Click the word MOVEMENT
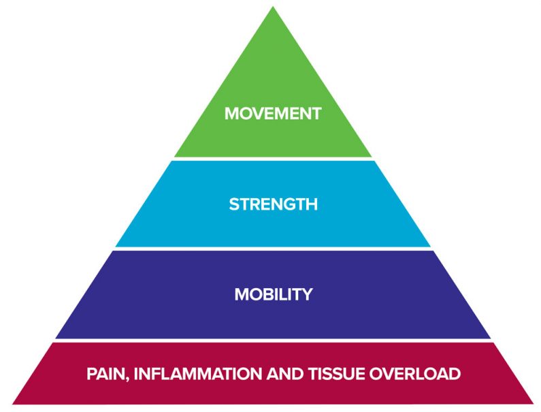coord(273,114)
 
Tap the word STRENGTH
coord(273,204)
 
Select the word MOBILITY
coord(273,295)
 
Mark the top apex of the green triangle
coord(273,7)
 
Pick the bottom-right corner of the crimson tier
coord(533,404)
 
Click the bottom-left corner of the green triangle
coord(174,157)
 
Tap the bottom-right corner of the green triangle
coord(372,157)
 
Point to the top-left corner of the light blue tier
coord(172,161)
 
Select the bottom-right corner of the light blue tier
coord(431,247)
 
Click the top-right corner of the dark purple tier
coord(433,251)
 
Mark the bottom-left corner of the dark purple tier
coord(56,338)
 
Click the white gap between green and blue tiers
coord(273,159)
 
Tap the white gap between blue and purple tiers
coord(273,249)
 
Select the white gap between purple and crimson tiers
coord(273,340)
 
